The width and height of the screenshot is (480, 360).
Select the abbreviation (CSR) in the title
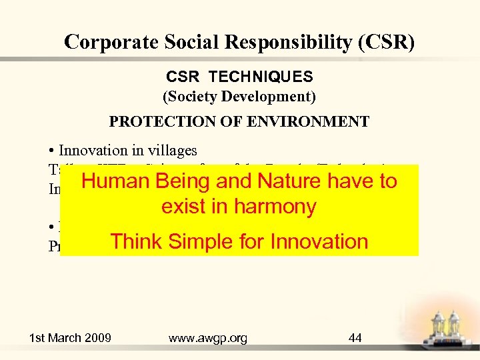coord(386,42)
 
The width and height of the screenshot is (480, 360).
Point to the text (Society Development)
coord(239,97)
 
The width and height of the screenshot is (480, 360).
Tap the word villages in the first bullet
coord(175,151)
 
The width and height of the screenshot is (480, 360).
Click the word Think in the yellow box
coord(137,241)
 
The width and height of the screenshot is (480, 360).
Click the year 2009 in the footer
coord(97,338)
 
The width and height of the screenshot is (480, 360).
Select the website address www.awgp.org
coord(208,338)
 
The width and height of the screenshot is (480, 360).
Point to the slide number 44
coord(355,338)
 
